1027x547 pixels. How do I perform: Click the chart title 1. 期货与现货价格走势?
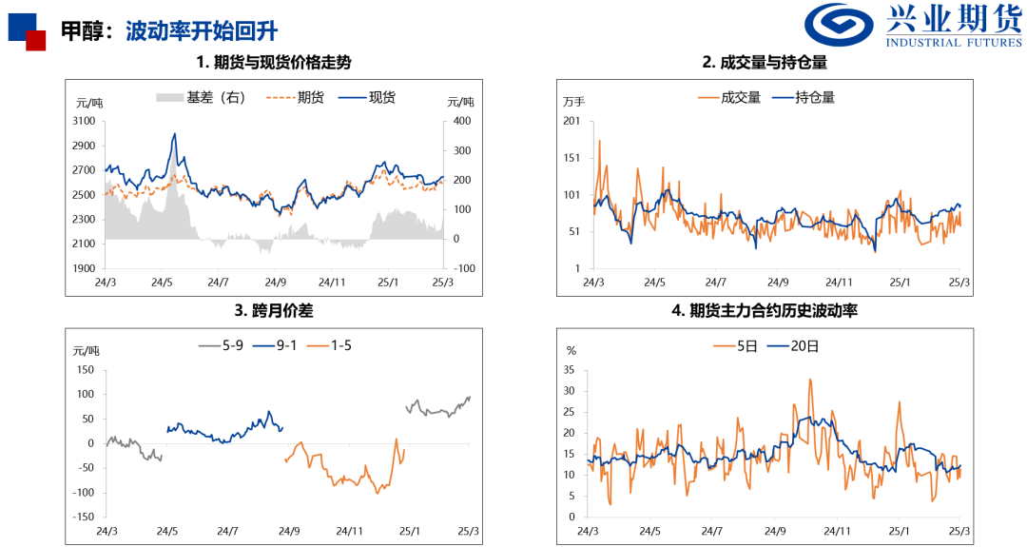(x=274, y=63)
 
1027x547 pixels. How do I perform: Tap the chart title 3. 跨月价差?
(x=274, y=310)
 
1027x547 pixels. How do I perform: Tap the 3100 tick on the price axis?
(x=84, y=121)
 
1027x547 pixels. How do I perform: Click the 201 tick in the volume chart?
(x=572, y=121)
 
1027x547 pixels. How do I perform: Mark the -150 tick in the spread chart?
(x=83, y=517)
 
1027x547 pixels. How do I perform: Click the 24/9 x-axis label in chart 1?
(x=276, y=282)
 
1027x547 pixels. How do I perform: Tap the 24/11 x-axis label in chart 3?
(x=350, y=531)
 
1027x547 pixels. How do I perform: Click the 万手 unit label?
(x=574, y=102)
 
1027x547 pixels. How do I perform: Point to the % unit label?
(x=571, y=350)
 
